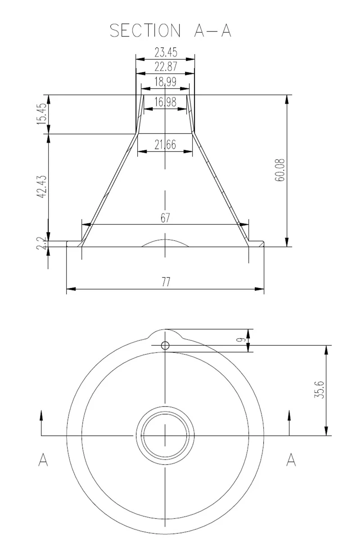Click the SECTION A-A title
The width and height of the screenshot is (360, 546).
171,31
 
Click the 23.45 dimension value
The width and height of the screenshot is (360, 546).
166,52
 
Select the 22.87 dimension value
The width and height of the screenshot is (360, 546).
166,67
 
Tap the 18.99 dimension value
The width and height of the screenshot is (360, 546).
166,82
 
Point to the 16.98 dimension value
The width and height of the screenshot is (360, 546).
165,102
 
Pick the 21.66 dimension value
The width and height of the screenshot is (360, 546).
165,145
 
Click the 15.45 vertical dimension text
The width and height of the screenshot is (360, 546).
42,114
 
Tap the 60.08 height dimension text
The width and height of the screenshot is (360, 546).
281,170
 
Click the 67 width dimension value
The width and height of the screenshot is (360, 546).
165,218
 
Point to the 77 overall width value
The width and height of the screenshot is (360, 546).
166,282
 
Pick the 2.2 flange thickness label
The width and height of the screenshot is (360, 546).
42,244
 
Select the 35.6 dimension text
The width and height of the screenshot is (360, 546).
319,390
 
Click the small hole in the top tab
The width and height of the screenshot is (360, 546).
165,345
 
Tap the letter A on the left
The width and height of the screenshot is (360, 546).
43,460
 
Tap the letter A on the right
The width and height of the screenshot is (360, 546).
291,460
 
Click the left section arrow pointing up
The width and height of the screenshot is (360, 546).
41,416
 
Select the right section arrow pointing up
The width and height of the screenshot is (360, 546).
289,416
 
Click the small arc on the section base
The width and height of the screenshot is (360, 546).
165,242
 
